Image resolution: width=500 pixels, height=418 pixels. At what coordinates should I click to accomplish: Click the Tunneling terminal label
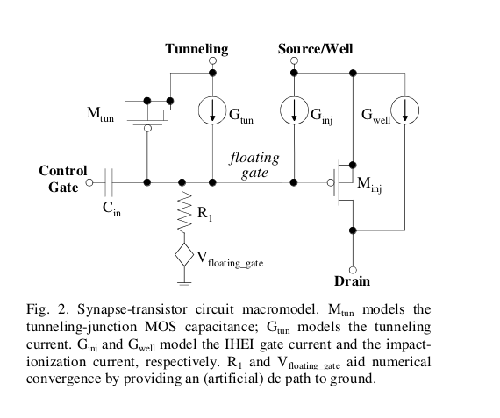click(196, 49)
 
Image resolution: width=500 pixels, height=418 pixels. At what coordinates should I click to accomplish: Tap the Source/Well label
click(316, 49)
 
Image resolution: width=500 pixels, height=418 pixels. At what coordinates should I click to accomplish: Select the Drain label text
click(352, 281)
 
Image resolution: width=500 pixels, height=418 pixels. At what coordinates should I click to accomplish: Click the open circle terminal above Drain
click(353, 270)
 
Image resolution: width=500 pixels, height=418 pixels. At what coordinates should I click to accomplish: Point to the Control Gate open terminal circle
click(89, 182)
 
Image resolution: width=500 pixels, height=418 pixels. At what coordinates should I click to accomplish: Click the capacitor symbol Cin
click(109, 182)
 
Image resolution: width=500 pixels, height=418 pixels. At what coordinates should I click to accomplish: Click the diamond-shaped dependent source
click(184, 254)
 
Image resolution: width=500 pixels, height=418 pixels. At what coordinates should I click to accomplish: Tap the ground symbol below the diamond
click(184, 284)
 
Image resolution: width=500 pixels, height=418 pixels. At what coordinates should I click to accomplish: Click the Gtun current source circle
click(212, 110)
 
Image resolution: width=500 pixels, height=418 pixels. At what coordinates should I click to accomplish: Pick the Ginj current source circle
click(295, 110)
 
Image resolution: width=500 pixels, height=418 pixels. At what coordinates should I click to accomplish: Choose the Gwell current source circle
click(405, 110)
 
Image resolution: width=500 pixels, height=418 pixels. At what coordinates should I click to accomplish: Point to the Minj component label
click(369, 185)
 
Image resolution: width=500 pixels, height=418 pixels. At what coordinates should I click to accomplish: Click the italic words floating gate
click(254, 165)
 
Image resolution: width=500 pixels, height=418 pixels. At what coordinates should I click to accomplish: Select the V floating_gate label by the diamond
click(230, 259)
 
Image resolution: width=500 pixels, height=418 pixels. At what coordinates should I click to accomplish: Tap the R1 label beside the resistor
click(204, 213)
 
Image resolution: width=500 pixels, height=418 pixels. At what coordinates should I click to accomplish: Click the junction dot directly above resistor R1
click(182, 182)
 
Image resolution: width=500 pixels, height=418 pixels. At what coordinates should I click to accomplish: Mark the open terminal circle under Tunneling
click(212, 60)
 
